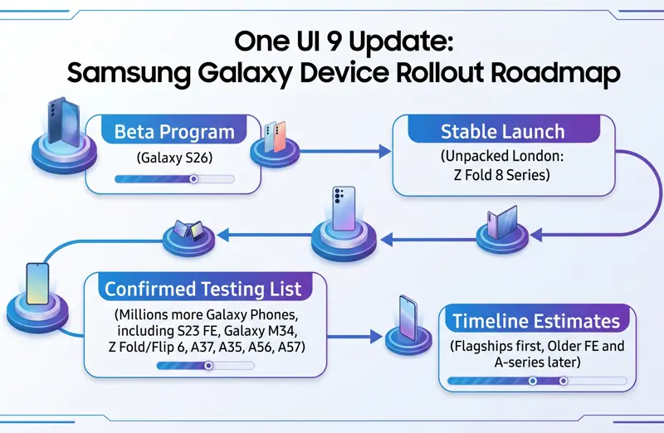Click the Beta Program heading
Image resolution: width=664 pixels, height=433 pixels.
(x=174, y=132)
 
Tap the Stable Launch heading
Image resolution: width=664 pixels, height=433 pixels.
(x=503, y=131)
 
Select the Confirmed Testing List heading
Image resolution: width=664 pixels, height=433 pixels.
(x=203, y=289)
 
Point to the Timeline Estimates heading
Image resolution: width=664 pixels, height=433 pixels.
(x=536, y=321)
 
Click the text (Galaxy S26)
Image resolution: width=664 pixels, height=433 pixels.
(x=174, y=158)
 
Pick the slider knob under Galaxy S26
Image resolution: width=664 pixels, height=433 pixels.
(x=193, y=179)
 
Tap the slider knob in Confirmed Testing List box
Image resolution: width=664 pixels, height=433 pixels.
(x=208, y=365)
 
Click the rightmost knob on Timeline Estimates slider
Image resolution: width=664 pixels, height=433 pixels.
(x=564, y=381)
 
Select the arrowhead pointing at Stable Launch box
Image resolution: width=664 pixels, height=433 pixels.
(x=384, y=151)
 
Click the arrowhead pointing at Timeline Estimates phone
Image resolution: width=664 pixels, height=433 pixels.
(x=376, y=337)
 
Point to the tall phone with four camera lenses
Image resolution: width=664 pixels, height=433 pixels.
(x=344, y=209)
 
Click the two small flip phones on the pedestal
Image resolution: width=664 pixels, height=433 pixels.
(x=189, y=231)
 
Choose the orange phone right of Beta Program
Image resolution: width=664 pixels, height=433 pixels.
(x=280, y=136)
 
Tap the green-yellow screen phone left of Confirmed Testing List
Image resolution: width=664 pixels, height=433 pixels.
(x=37, y=284)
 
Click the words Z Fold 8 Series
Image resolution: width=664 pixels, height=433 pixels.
(x=501, y=175)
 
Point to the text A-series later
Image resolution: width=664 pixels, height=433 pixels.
(x=537, y=362)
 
